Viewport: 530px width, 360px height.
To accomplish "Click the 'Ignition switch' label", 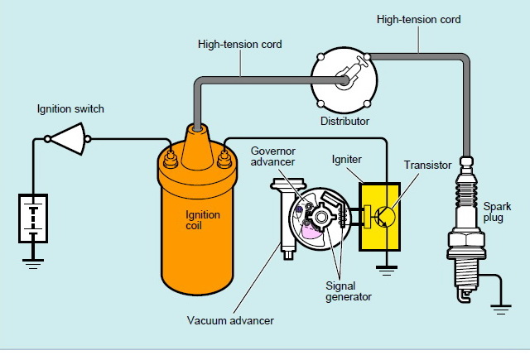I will coord(70,108).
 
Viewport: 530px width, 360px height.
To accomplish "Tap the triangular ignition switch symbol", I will coord(68,140).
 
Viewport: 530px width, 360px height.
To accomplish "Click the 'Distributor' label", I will coord(344,121).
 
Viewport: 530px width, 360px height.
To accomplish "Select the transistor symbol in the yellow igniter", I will coord(382,218).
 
